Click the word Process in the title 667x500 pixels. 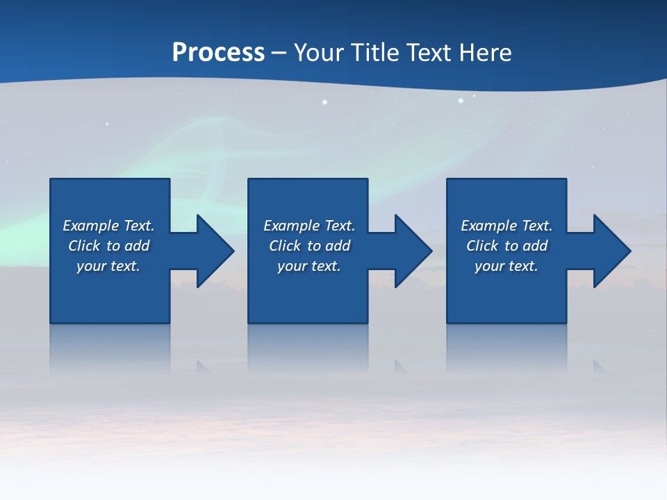[x=218, y=53]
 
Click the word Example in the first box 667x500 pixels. [x=91, y=226]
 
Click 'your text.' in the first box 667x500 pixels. [x=108, y=266]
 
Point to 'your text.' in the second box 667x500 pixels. [x=309, y=266]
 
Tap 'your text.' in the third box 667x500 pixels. [x=507, y=266]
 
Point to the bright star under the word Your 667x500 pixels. [x=324, y=102]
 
